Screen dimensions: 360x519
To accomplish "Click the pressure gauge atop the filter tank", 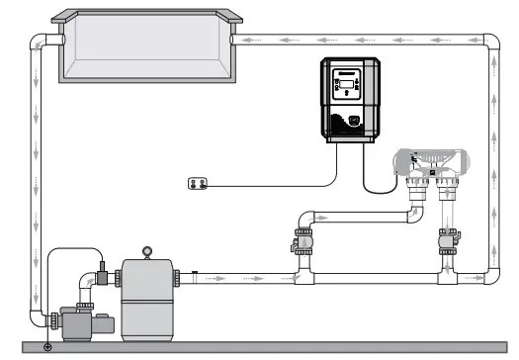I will click(148, 252).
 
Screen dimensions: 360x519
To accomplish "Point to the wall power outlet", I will click(199, 181).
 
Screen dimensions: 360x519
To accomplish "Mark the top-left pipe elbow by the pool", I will click(41, 42).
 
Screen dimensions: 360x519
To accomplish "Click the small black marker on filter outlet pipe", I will click(196, 273).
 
